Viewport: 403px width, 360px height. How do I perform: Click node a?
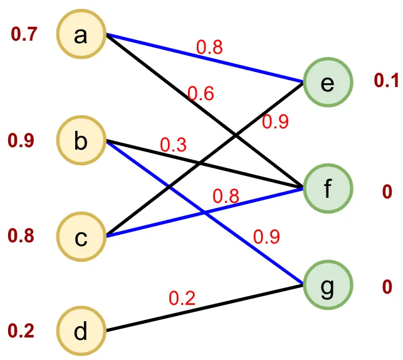click(81, 34)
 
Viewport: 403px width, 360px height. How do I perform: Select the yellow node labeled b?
click(81, 140)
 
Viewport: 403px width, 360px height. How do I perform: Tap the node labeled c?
click(81, 237)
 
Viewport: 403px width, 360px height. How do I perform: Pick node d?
click(81, 331)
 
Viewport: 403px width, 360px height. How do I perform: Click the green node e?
click(328, 82)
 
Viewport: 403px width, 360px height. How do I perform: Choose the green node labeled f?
click(328, 188)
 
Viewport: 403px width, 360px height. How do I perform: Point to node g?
click(328, 285)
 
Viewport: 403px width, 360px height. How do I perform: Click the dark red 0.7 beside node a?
click(24, 34)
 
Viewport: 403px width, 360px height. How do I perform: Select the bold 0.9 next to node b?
click(21, 141)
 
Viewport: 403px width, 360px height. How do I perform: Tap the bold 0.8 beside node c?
click(21, 235)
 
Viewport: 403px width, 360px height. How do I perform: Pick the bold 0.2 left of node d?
click(21, 331)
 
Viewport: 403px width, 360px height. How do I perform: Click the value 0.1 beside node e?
click(386, 80)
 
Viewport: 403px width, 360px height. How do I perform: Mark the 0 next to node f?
click(387, 192)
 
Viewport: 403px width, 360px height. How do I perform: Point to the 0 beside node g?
click(387, 287)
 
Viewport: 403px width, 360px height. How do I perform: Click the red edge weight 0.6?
click(201, 93)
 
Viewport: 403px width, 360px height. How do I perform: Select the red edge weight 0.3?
click(173, 145)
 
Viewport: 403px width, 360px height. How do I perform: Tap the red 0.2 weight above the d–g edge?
click(182, 298)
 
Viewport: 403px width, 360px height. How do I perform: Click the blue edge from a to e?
click(205, 58)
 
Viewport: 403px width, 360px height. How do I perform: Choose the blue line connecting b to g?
click(205, 213)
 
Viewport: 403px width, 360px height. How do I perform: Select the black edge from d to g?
click(205, 308)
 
